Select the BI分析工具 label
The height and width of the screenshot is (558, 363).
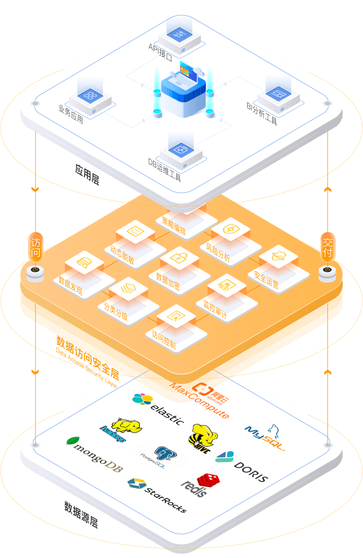point(262,114)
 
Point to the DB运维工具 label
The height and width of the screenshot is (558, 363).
point(165,169)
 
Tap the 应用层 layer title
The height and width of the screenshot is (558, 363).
point(87,174)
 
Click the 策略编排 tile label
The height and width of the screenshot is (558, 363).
point(174,226)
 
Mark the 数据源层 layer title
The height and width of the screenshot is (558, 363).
point(81,514)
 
